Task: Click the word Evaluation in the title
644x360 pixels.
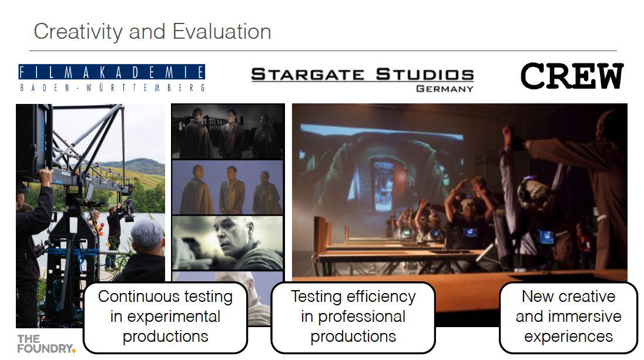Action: tap(222, 32)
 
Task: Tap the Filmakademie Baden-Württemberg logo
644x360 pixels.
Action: tap(112, 78)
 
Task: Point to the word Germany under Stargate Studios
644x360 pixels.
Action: tap(445, 89)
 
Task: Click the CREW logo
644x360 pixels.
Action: tap(572, 76)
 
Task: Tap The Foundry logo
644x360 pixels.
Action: tap(46, 344)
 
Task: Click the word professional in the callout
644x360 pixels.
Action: tap(361, 317)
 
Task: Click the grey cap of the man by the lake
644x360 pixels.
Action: tap(147, 233)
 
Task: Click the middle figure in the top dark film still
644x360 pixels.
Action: tap(232, 133)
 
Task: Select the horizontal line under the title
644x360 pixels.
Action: tap(323, 51)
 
